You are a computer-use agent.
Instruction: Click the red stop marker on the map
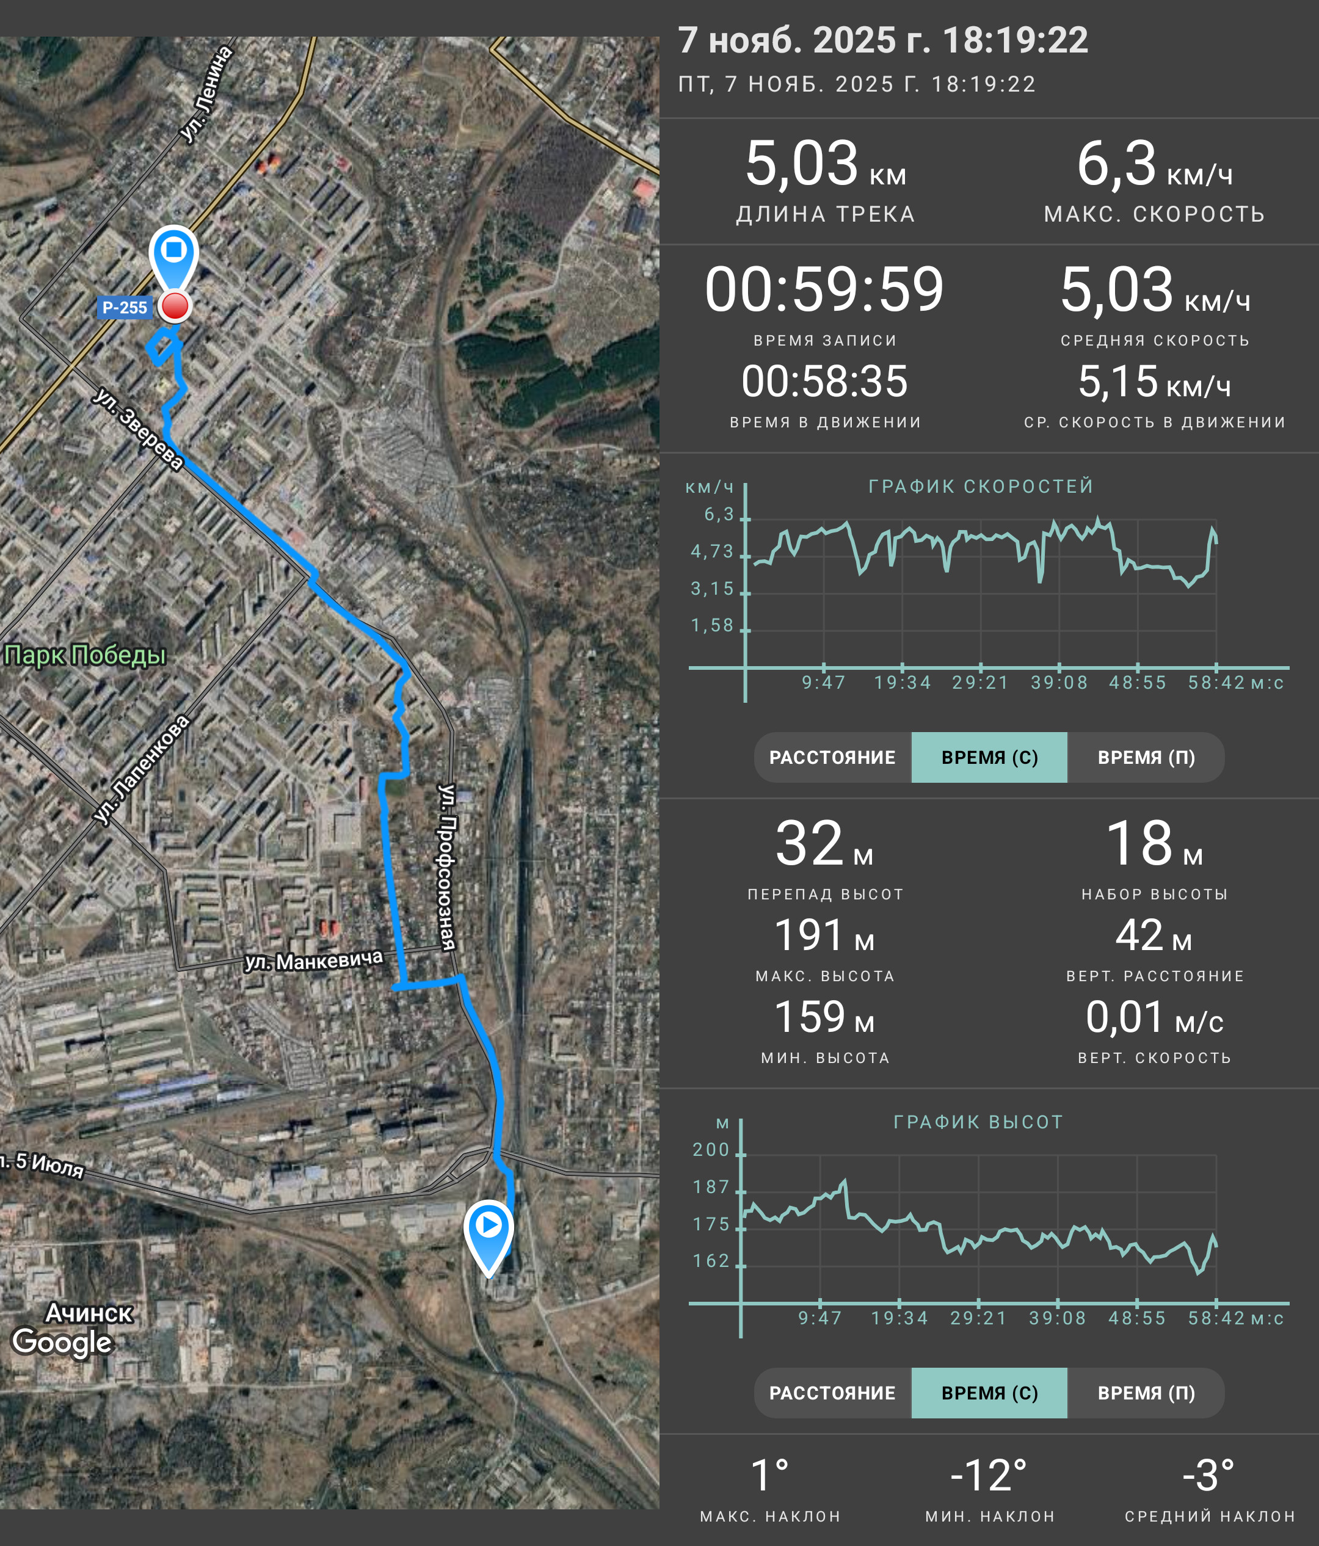(175, 307)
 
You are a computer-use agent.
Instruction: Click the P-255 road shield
(125, 307)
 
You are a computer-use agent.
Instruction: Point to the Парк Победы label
(84, 655)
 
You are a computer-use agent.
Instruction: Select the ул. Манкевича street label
(314, 960)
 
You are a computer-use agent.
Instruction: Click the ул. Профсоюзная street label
(447, 867)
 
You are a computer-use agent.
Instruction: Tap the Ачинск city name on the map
(89, 1313)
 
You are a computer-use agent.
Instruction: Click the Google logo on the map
(62, 1341)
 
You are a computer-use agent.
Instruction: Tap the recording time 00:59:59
(824, 289)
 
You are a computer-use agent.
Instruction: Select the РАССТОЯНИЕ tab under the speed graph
(832, 757)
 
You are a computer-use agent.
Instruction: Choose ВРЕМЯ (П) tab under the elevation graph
(1146, 1393)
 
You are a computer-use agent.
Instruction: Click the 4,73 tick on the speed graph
(713, 551)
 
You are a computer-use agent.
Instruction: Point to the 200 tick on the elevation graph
(711, 1150)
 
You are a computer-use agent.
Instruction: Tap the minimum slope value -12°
(989, 1475)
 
